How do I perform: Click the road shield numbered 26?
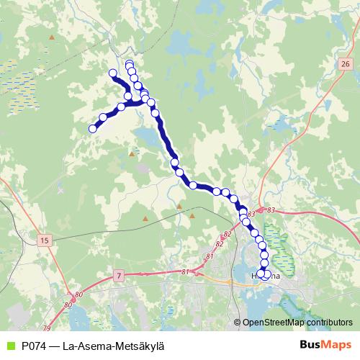[x=345, y=65]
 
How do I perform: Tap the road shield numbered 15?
[x=45, y=239]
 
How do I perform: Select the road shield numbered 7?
[x=118, y=275]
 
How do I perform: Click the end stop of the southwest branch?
[x=92, y=129]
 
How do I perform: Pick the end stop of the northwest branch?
[x=112, y=73]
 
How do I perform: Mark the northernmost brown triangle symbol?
[x=132, y=153]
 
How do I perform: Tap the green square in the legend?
[x=9, y=346]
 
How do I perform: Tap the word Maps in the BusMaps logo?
[x=337, y=345]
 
